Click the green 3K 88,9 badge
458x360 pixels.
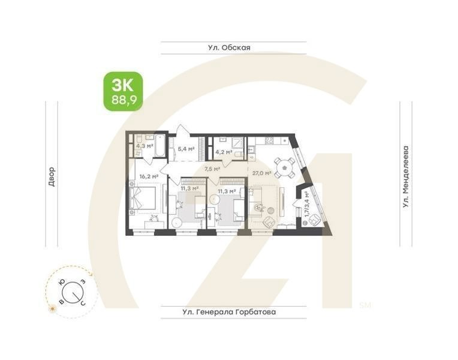click(x=123, y=91)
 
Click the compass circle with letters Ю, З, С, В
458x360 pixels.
click(x=71, y=292)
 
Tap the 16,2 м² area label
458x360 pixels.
click(x=148, y=176)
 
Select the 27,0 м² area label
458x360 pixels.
click(x=262, y=173)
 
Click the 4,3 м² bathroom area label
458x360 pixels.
click(x=144, y=145)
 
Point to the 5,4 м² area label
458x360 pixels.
click(x=186, y=148)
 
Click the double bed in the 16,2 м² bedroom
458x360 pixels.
click(x=142, y=199)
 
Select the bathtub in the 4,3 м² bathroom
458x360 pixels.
click(x=160, y=145)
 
